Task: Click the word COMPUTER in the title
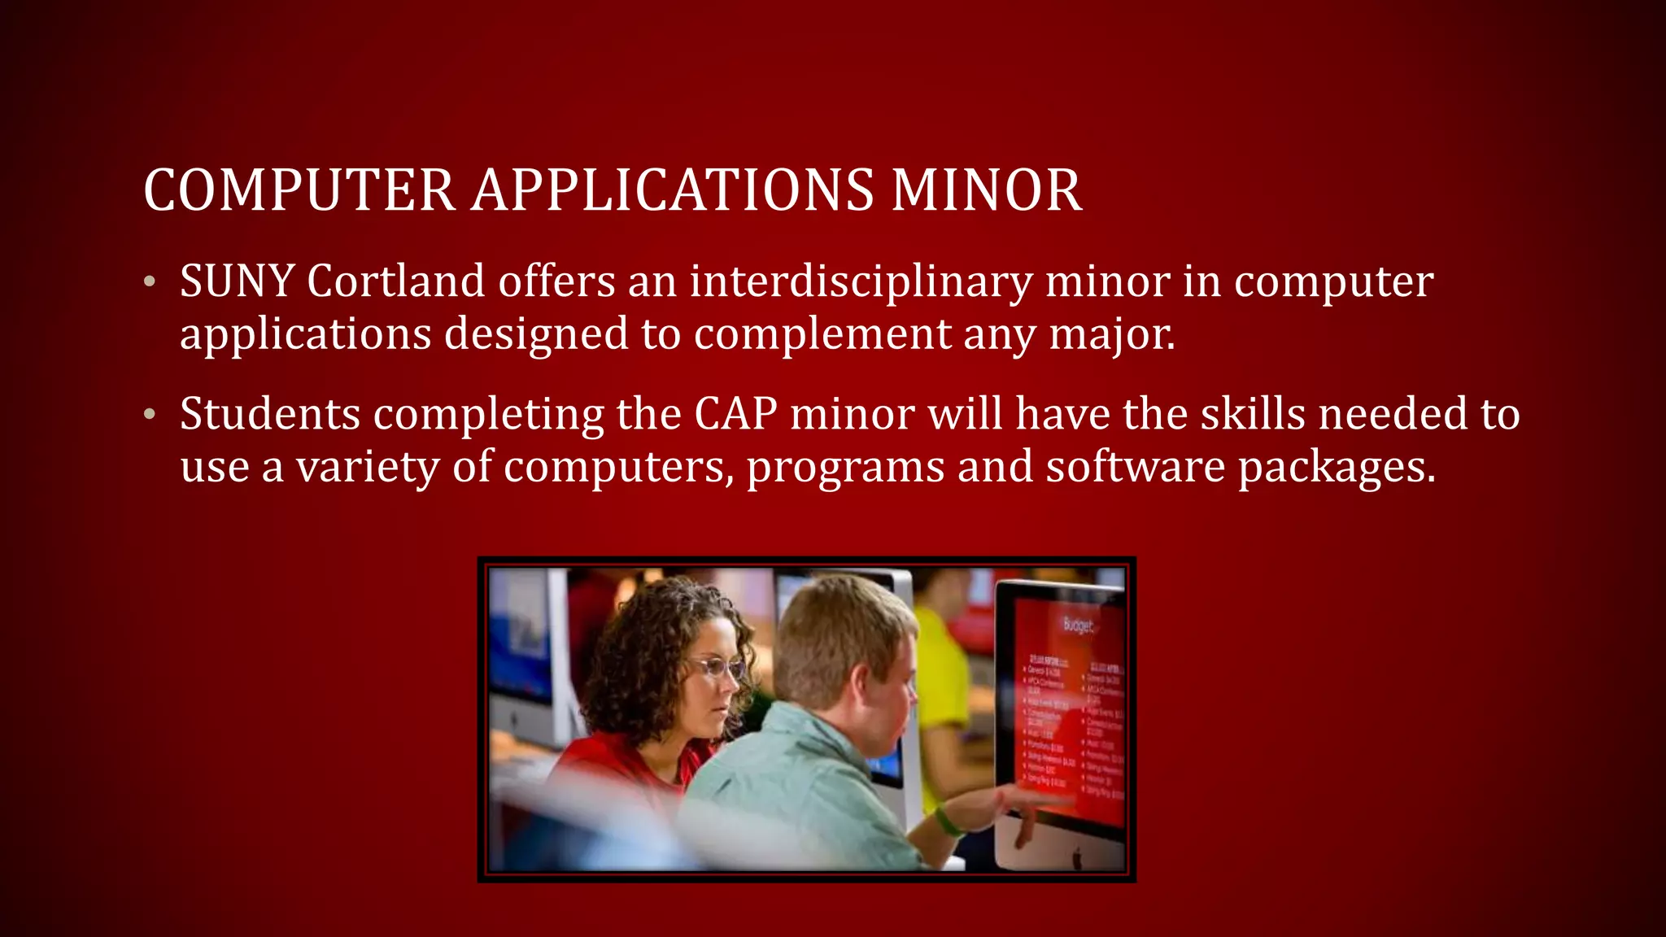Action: tap(299, 190)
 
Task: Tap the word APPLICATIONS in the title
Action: tap(672, 190)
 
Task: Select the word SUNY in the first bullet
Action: tap(237, 281)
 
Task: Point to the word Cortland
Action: tap(396, 281)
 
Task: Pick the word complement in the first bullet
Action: tap(822, 335)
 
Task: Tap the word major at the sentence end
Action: tap(1110, 335)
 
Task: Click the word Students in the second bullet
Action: tap(270, 414)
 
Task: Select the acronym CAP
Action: tap(735, 414)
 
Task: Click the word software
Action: tap(1135, 467)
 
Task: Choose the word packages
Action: tap(1336, 468)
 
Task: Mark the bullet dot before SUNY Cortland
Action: tap(149, 282)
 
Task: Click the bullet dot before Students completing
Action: tap(149, 415)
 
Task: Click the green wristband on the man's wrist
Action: tap(946, 820)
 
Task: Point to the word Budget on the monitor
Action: tap(1079, 625)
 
